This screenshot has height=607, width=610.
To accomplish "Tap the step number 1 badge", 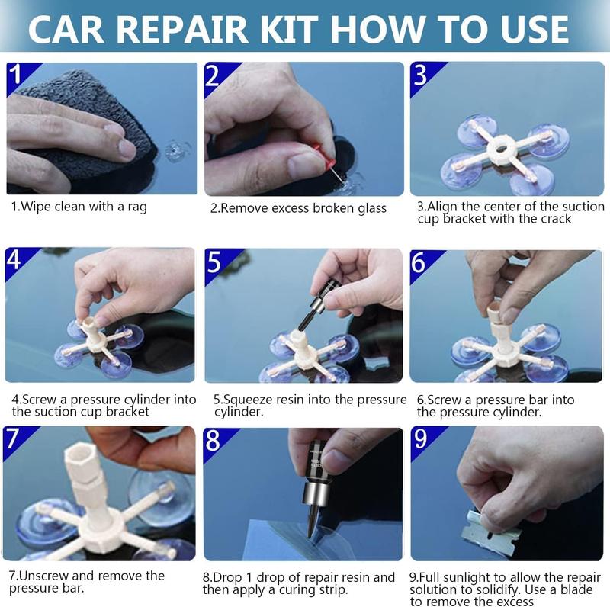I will pos(17,75).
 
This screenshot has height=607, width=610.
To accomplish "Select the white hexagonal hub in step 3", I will pos(500,146).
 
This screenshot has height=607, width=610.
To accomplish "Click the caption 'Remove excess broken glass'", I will pos(298,208).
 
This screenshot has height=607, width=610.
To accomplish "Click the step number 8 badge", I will pos(214,440).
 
